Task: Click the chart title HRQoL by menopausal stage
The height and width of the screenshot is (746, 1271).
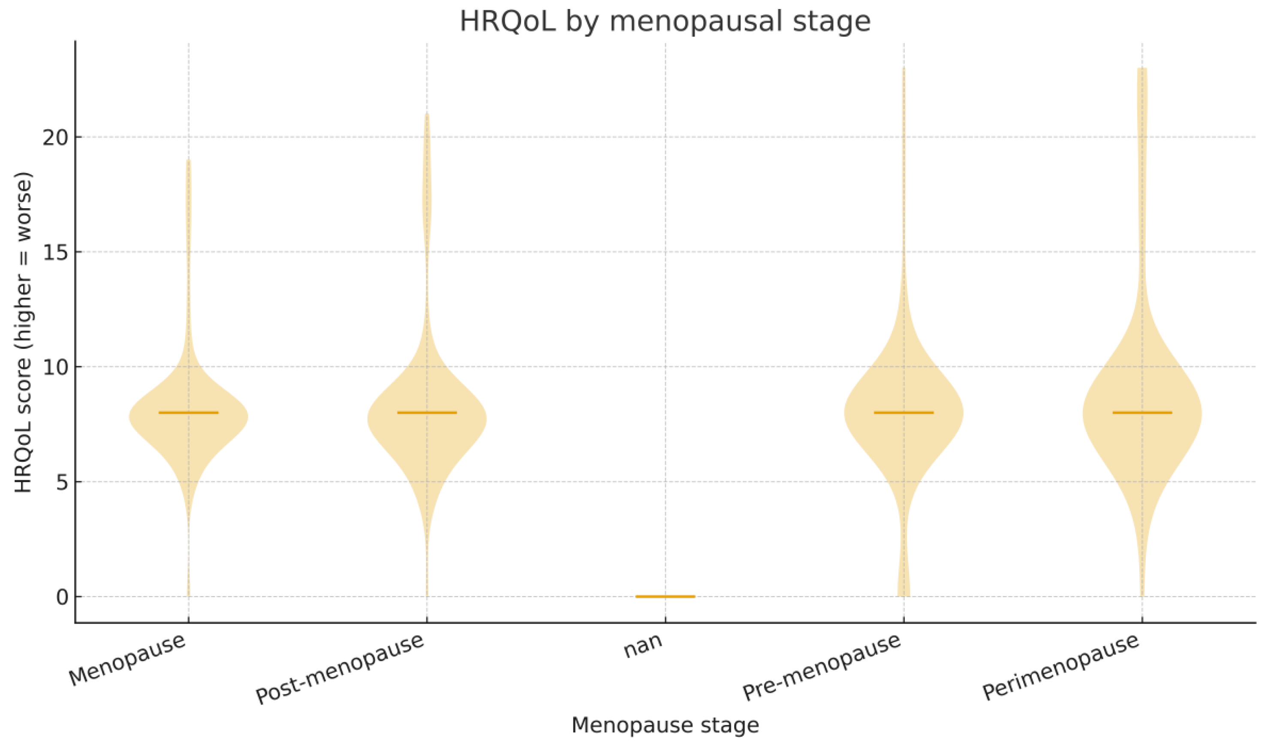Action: click(665, 22)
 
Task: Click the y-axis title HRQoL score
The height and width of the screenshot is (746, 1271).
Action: click(23, 333)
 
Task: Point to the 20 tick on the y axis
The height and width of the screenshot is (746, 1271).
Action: click(55, 137)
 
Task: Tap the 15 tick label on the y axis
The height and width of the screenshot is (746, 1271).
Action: click(55, 252)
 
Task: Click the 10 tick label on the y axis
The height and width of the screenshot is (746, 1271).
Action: click(55, 367)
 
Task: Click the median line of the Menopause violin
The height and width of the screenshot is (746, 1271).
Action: click(189, 412)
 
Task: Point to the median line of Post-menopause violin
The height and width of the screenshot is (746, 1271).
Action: click(427, 412)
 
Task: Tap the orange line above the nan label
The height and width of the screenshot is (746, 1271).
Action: click(665, 596)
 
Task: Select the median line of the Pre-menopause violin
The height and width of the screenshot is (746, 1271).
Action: click(904, 412)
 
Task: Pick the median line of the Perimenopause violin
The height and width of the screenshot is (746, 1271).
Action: click(1142, 412)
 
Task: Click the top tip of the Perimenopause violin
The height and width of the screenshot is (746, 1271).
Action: click(1142, 69)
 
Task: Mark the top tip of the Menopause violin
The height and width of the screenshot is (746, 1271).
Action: click(189, 161)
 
